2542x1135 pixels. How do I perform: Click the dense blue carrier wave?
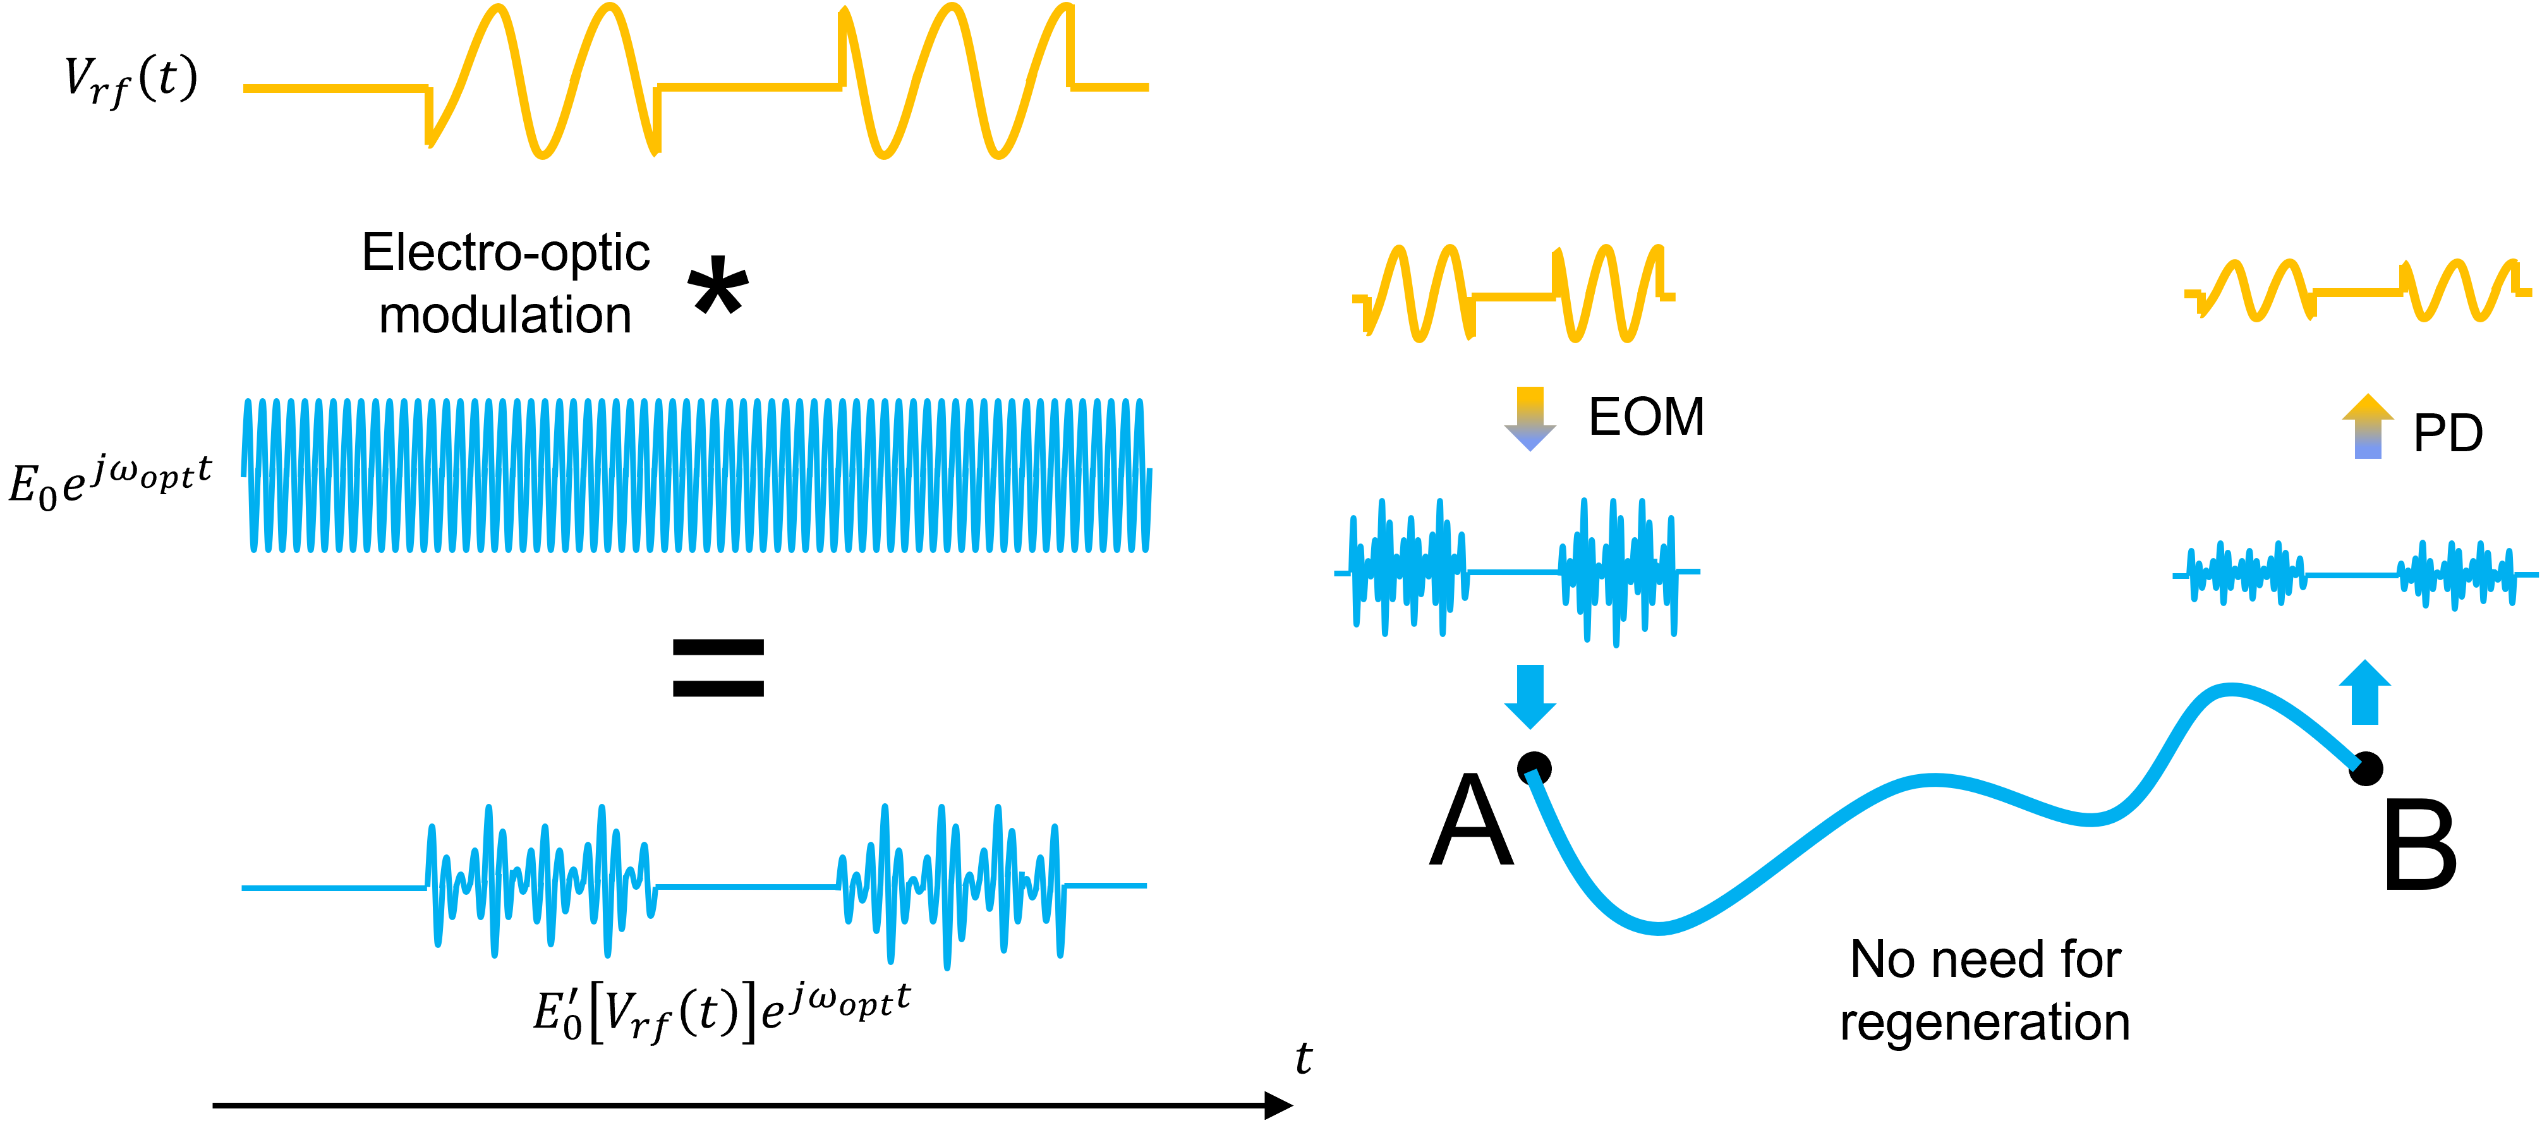pyautogui.click(x=696, y=475)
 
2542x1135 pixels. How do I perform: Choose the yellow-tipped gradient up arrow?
pyautogui.click(x=2368, y=427)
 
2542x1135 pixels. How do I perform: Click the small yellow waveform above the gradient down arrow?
pyautogui.click(x=1513, y=294)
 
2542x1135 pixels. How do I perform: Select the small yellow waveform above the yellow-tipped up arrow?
pyautogui.click(x=2357, y=291)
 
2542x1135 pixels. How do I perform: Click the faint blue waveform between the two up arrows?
pyautogui.click(x=2354, y=574)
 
